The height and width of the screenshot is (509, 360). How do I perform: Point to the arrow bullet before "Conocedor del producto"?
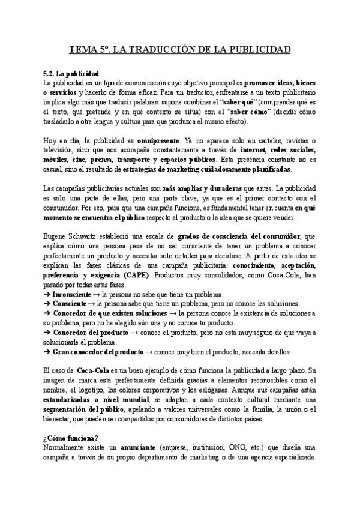[x=48, y=333]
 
